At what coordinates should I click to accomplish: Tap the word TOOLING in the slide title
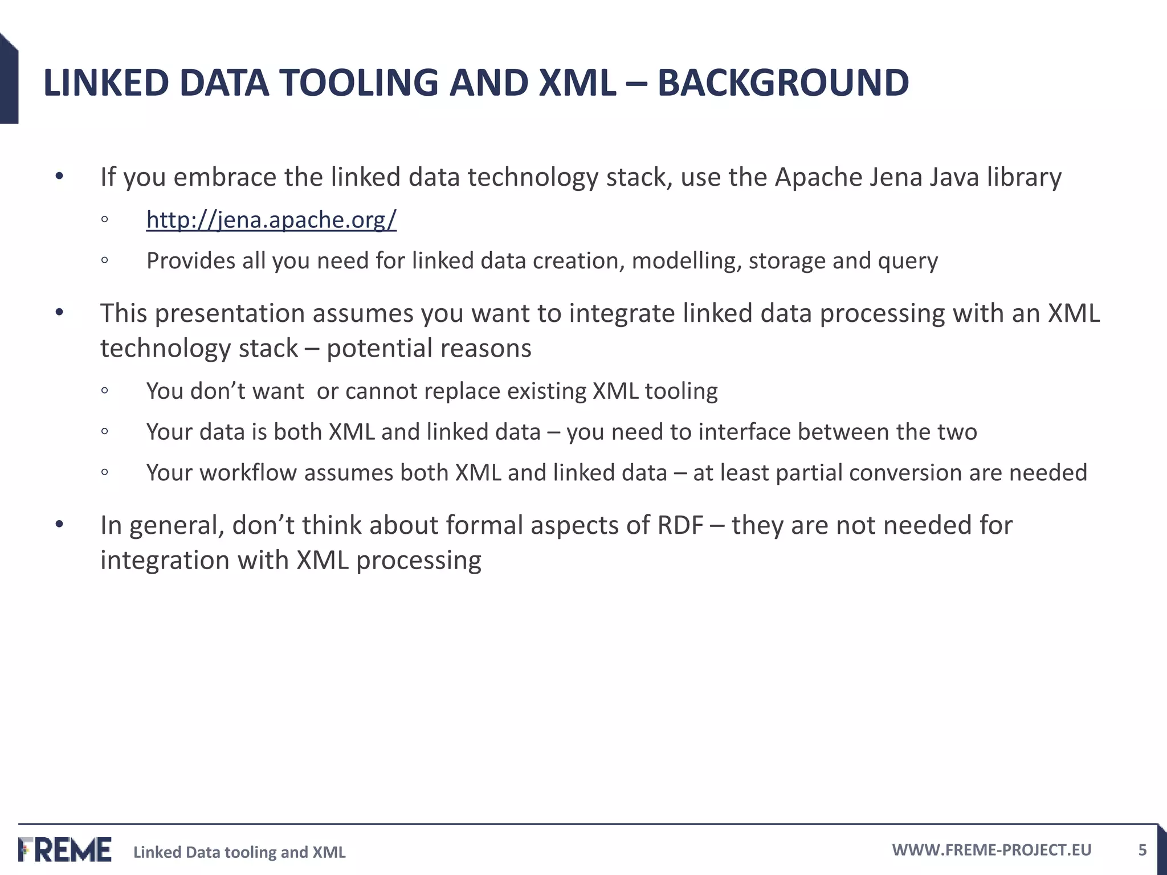358,83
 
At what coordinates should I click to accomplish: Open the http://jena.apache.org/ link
271,220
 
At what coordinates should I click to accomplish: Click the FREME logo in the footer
65,849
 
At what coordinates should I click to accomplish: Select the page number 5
1142,850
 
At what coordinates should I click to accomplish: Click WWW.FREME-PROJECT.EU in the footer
991,850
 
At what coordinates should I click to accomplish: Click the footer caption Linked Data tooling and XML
239,852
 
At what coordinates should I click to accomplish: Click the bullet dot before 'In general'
59,524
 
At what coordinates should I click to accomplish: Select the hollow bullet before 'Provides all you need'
104,260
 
